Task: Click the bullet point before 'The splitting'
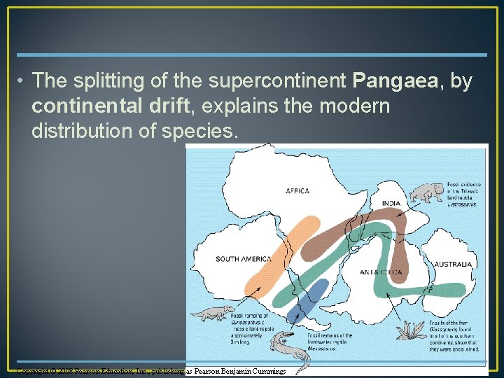(22, 82)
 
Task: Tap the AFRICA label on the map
(297, 190)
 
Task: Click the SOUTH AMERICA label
(243, 259)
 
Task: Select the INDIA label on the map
(391, 204)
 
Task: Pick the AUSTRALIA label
(453, 265)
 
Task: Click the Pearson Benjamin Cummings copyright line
(151, 371)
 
